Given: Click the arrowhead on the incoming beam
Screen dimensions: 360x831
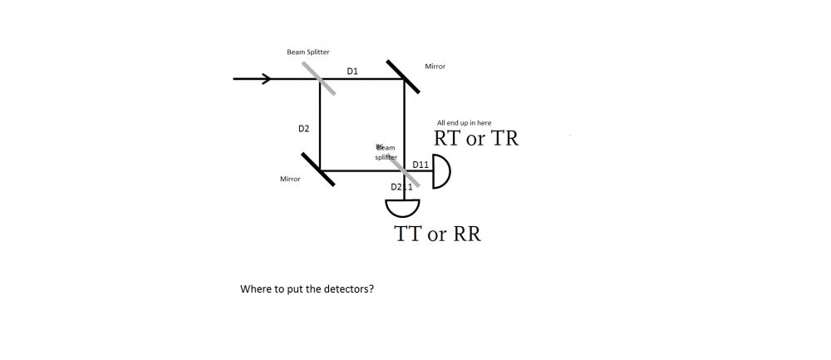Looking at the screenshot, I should coord(267,79).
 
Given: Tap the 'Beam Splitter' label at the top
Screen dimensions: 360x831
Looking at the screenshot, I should coord(307,52).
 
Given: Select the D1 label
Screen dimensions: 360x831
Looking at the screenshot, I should coord(352,72).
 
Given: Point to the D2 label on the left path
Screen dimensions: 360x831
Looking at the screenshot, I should coord(304,129).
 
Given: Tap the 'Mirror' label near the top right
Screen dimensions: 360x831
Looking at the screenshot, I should coord(435,67).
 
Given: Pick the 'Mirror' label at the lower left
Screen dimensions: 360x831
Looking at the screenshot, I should coord(290,180).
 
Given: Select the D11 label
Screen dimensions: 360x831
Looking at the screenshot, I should coord(420,165).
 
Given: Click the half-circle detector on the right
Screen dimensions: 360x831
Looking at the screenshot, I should coord(441,171).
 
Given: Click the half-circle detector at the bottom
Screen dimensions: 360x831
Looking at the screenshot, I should coord(404,207).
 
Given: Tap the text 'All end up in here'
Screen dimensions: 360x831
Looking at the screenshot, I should coord(464,123).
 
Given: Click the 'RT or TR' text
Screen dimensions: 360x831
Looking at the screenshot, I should coord(476,139).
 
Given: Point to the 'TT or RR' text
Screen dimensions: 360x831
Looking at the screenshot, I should coord(438,235).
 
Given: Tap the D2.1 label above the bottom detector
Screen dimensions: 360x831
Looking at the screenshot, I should coord(402,187).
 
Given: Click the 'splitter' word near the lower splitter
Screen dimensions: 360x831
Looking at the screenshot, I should coord(386,157).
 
